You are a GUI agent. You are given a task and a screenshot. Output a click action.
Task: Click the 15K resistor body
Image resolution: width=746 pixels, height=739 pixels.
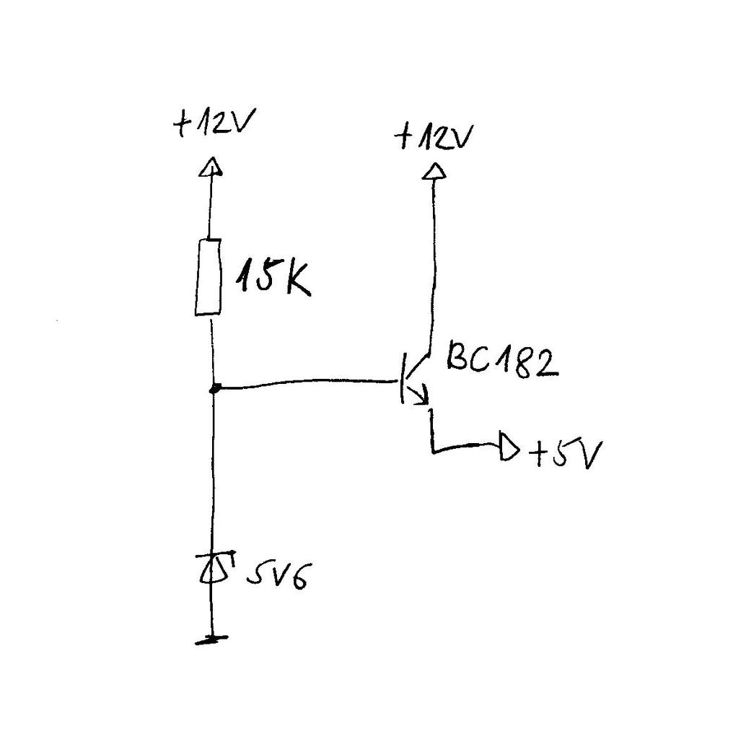tap(208, 278)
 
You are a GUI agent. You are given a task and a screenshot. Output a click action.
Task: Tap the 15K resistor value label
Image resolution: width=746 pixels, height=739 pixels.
tap(273, 279)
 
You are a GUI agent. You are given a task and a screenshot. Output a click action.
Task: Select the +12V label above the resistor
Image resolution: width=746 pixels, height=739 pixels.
tap(210, 125)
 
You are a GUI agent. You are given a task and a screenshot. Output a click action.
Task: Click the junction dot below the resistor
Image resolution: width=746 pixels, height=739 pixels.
tap(214, 389)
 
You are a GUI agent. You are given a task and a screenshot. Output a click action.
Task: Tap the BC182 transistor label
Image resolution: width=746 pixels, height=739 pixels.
tap(501, 359)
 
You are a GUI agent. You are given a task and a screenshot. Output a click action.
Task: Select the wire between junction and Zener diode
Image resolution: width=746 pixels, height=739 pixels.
tap(214, 469)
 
